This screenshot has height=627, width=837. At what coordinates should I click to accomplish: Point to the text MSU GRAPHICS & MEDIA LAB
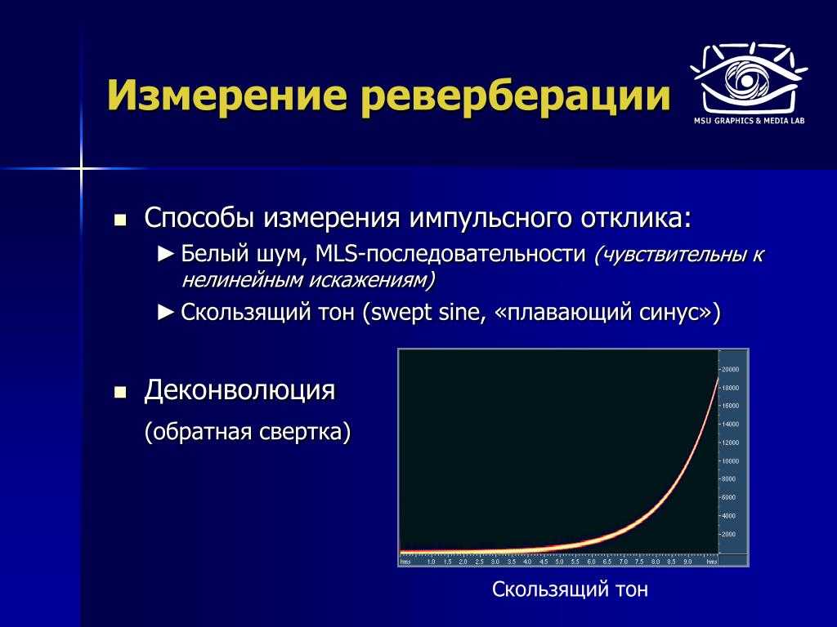click(x=749, y=121)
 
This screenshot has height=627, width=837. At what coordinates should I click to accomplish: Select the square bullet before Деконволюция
click(x=120, y=393)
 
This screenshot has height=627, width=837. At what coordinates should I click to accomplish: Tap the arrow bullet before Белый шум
click(x=166, y=254)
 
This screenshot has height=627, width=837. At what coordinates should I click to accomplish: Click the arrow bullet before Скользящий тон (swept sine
click(x=166, y=312)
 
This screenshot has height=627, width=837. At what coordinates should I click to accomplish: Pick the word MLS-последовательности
click(x=450, y=254)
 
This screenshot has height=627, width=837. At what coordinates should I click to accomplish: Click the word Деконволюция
click(x=239, y=390)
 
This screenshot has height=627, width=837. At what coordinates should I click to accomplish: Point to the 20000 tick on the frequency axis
click(x=730, y=370)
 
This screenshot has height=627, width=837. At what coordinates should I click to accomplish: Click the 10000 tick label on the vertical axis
click(x=730, y=461)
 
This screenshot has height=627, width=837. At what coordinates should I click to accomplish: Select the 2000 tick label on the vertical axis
click(x=729, y=534)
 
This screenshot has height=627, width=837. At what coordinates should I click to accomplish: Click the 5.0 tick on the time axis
click(x=559, y=562)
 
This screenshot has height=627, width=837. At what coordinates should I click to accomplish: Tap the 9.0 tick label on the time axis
click(x=687, y=562)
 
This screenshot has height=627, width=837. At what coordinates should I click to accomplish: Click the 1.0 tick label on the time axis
click(x=432, y=562)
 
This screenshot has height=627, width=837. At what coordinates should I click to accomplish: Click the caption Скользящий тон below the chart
click(x=570, y=589)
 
